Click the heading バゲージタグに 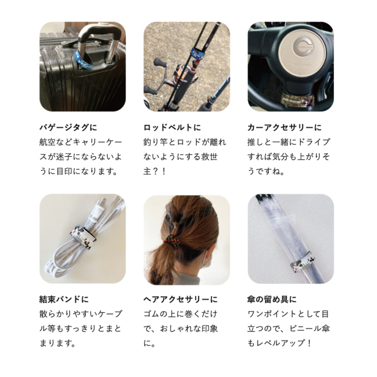[68, 127]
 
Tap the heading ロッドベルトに [172, 127]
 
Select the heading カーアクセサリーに [285, 127]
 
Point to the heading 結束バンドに [64, 299]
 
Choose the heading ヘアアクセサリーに [180, 299]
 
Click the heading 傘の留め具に [272, 299]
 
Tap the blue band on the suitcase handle [83, 60]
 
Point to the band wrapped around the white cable [82, 237]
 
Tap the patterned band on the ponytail [173, 241]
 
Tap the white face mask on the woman [206, 260]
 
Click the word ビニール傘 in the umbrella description [309, 329]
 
